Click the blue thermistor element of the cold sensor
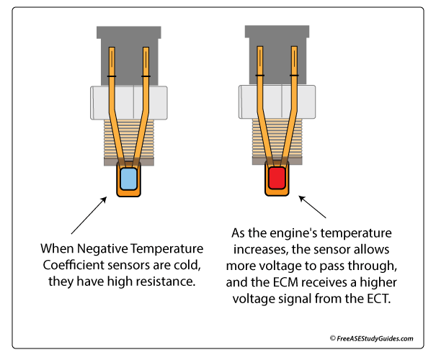click(128, 179)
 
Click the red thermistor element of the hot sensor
click(276, 179)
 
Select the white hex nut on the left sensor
click(128, 103)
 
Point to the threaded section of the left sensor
click(128, 141)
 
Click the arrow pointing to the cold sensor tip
click(89, 215)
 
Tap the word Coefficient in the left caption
click(71, 265)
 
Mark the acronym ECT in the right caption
click(376, 297)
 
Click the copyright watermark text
click(371, 337)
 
